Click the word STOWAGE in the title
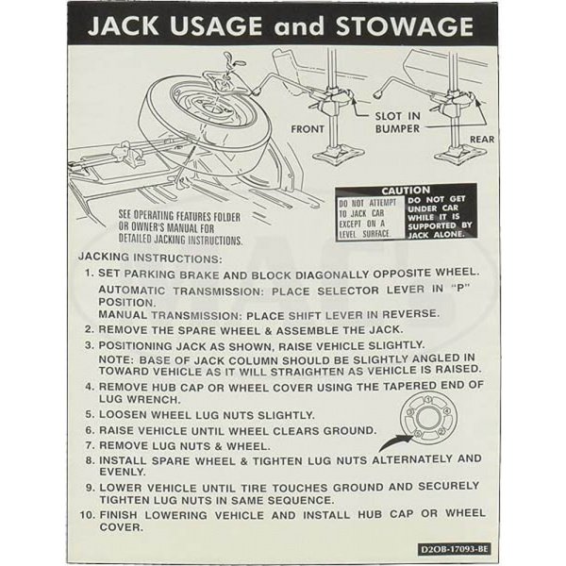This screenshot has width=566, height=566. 405,26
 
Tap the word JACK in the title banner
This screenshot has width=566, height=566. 123,26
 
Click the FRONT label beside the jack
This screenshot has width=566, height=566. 308,129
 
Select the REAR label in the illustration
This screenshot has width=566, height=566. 482,140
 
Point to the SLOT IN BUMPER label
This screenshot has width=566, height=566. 397,123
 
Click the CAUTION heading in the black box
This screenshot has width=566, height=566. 406,191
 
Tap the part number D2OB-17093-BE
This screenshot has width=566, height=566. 455,549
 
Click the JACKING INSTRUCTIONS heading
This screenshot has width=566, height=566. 150,258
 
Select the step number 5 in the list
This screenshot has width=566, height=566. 90,414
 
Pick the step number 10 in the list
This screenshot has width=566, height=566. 87,514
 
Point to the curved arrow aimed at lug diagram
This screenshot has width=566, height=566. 395,442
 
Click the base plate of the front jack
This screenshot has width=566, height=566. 338,157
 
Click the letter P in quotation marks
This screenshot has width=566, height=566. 460,290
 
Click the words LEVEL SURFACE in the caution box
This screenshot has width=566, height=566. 364,234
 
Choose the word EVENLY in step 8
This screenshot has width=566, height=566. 122,472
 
